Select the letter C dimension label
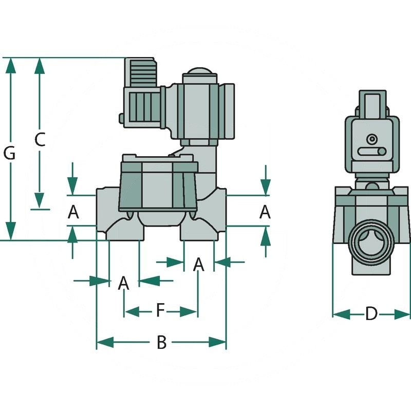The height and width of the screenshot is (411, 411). click(x=40, y=139)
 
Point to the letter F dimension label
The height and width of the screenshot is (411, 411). click(x=160, y=311)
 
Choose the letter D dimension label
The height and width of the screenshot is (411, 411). click(x=371, y=313)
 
